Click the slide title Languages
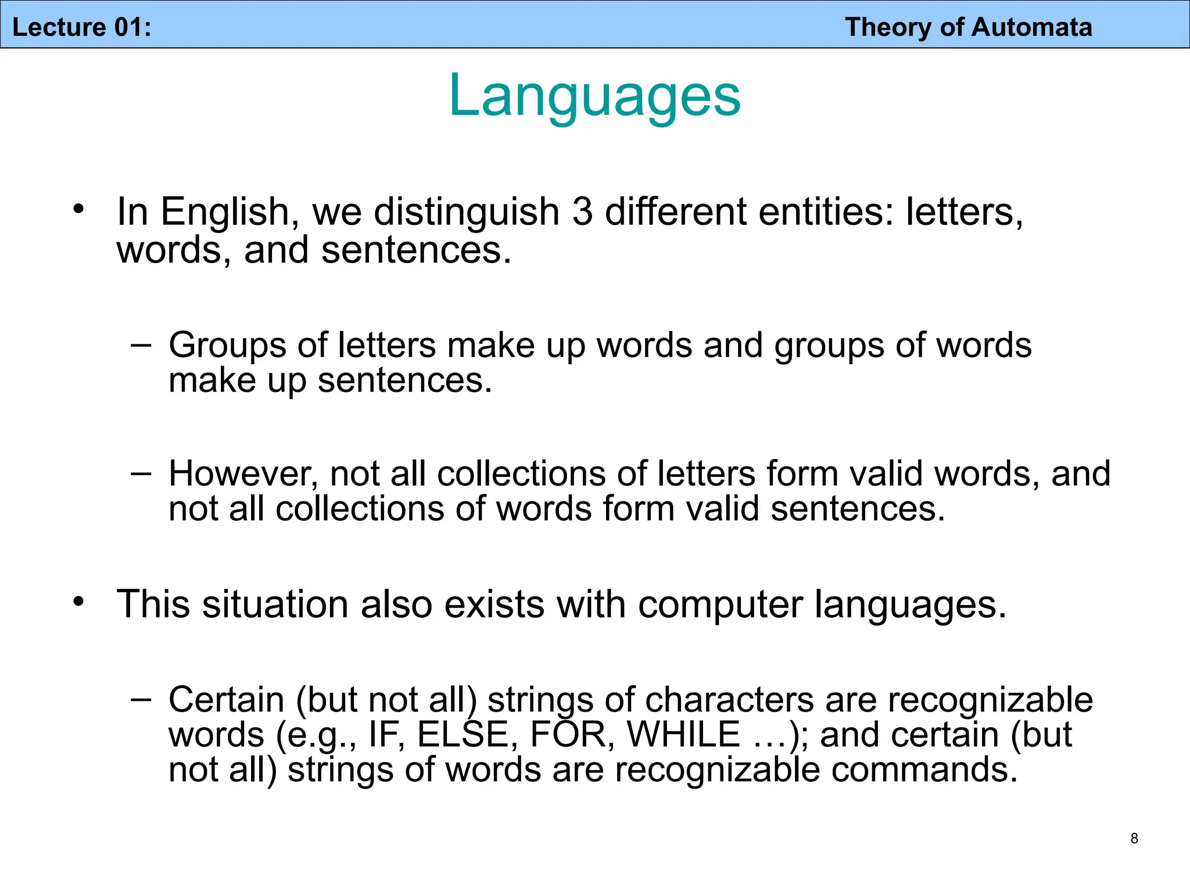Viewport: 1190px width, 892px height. [x=594, y=96]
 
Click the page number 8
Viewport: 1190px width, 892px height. [x=1134, y=838]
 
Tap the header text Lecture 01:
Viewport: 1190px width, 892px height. [x=82, y=27]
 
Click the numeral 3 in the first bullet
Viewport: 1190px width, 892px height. [x=582, y=211]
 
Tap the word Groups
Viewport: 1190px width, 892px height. [x=227, y=346]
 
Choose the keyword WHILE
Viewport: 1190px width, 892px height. [x=683, y=735]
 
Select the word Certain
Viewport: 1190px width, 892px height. [x=226, y=700]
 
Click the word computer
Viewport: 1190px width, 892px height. [x=721, y=605]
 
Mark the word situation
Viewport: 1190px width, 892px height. [x=275, y=605]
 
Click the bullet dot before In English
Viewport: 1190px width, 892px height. [x=78, y=208]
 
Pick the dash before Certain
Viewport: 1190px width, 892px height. [x=141, y=699]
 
